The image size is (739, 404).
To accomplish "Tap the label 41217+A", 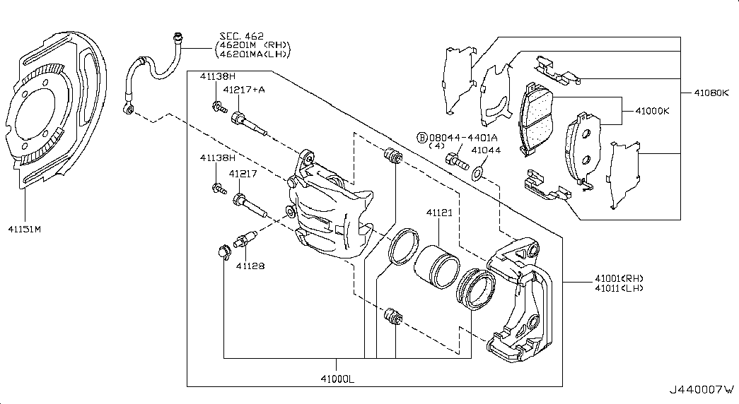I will pos(243,90).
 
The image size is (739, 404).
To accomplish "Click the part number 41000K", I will pos(651,110).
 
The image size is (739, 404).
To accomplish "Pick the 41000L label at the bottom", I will pos(337,379).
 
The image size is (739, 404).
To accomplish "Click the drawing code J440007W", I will pos(701,390).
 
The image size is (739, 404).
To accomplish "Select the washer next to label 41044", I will pos(478,172).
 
